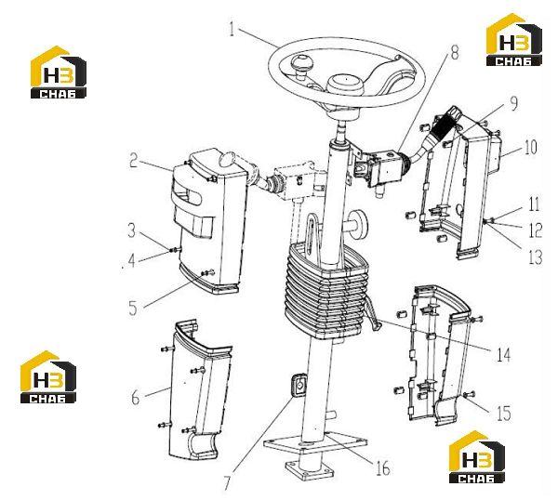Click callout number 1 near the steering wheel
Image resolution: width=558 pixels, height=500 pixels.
click(x=232, y=29)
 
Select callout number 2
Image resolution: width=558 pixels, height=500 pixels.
click(x=133, y=161)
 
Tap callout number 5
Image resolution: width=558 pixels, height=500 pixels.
click(x=133, y=308)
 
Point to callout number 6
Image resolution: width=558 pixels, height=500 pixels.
click(x=135, y=397)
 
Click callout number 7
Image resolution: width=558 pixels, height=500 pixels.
click(x=228, y=482)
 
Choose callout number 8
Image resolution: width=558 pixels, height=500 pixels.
click(x=455, y=53)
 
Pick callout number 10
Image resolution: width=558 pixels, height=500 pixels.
click(x=530, y=147)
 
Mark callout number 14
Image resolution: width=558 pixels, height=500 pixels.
click(x=503, y=354)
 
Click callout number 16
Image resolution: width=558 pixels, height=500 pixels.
click(x=383, y=468)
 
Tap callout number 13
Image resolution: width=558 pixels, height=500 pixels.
click(x=536, y=257)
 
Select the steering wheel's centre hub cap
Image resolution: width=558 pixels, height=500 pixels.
click(x=344, y=86)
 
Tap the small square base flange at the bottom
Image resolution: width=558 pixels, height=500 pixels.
click(x=310, y=470)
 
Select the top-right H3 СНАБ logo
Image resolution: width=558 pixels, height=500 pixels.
click(x=514, y=40)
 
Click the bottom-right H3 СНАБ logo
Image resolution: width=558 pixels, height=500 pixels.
click(x=476, y=457)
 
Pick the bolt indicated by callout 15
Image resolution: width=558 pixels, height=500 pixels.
click(x=469, y=394)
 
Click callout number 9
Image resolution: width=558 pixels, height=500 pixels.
click(x=513, y=103)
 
